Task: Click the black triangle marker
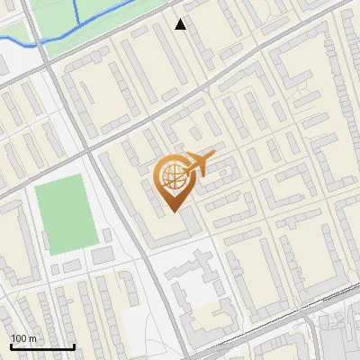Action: coord(181,24)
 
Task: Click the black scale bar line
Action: coord(42,347)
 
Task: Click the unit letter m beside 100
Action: coord(32,339)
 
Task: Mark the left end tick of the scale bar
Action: coord(11,346)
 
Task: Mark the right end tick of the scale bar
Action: coord(74,346)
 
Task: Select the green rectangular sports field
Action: coord(65,214)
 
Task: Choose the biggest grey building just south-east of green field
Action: coord(103,256)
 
